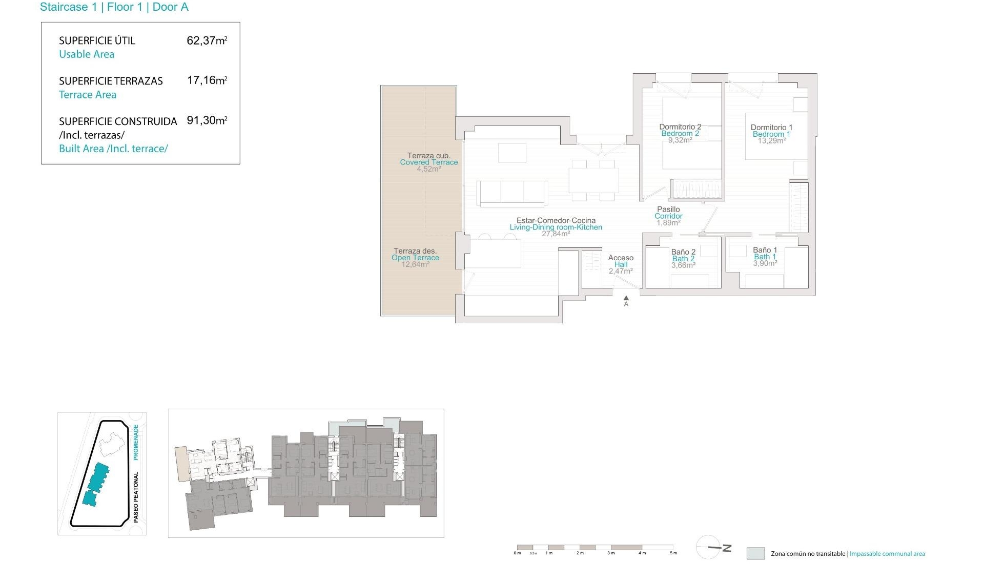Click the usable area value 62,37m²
click(x=207, y=40)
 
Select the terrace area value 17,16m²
click(x=207, y=80)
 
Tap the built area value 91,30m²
click(x=207, y=120)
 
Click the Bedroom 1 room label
click(x=771, y=134)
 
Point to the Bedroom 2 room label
click(x=680, y=133)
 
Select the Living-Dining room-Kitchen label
click(x=556, y=227)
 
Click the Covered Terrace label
click(x=429, y=162)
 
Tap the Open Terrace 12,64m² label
click(x=415, y=258)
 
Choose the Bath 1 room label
click(x=765, y=257)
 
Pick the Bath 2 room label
click(x=683, y=258)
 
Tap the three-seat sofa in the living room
click(x=512, y=193)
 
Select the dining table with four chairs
click(x=593, y=180)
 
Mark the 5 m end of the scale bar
click(x=673, y=548)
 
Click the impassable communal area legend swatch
click(x=755, y=553)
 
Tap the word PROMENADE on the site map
click(x=136, y=442)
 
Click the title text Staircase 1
click(x=68, y=7)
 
